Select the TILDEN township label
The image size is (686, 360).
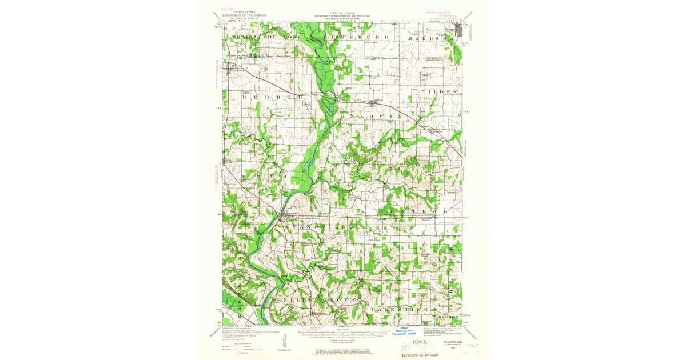tap(440, 91)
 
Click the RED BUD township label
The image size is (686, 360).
tap(264, 98)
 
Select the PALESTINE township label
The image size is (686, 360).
tap(400, 309)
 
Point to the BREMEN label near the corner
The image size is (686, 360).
tap(449, 317)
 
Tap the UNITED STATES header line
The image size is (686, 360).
tap(240, 11)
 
